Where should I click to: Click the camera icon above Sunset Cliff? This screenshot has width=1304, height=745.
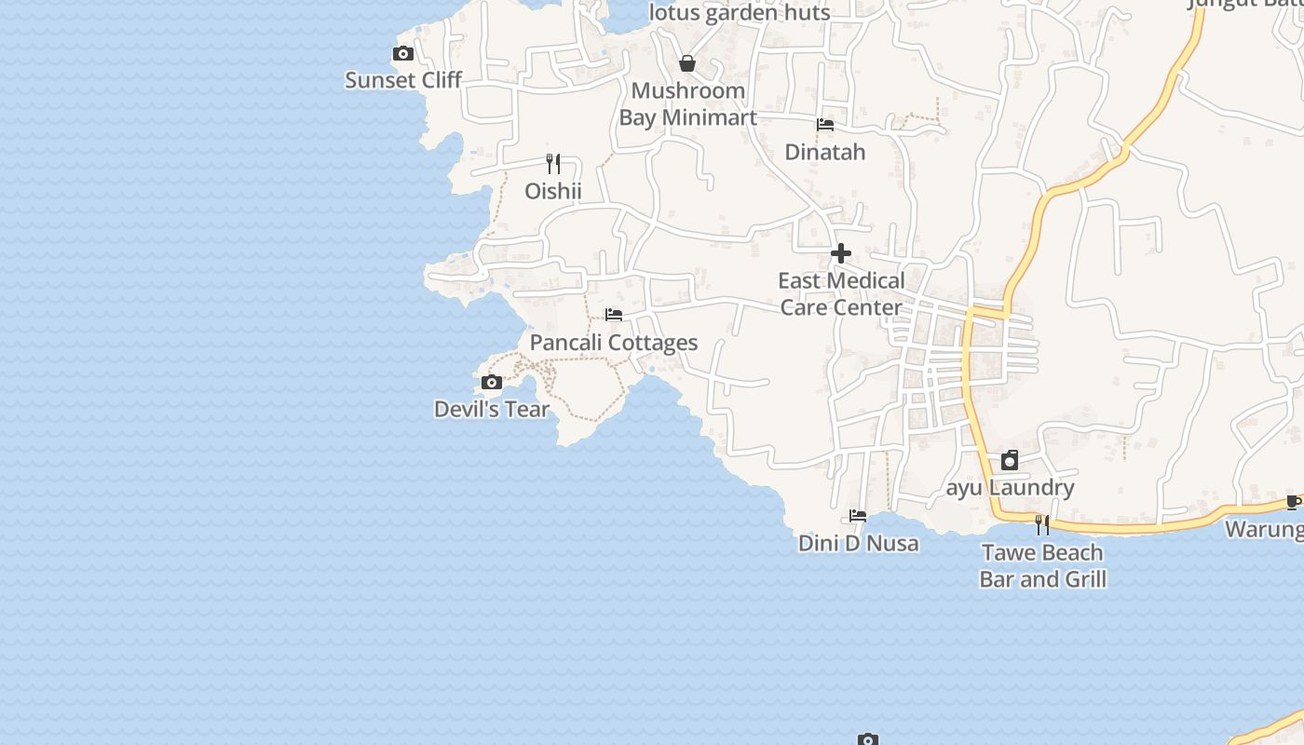point(403,54)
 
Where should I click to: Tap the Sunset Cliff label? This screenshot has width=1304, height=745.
point(403,80)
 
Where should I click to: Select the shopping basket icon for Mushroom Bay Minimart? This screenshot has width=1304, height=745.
point(687,63)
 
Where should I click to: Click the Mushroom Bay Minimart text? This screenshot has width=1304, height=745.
point(687,104)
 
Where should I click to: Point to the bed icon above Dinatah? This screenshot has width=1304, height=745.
point(825,125)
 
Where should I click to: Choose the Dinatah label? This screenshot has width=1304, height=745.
point(825,152)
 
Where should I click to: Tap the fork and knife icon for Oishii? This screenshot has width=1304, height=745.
point(553,164)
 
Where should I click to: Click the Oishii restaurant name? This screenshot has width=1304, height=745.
point(553,191)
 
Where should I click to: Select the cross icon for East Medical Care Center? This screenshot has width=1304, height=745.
point(841,253)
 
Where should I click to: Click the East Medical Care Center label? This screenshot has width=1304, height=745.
point(841,294)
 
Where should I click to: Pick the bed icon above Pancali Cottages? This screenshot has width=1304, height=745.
point(614,315)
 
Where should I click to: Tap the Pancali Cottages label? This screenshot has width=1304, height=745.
point(614,343)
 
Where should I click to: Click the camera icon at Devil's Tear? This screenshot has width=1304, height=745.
point(492,382)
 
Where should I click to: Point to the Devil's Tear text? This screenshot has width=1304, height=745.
point(492,409)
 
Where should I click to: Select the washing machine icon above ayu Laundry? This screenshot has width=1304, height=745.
point(1010,460)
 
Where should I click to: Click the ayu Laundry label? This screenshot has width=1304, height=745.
point(1011,487)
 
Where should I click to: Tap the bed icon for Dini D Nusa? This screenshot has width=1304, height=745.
point(858,516)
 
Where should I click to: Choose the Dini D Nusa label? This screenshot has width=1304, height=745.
point(858,543)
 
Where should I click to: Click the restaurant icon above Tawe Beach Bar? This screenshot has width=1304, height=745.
point(1042,525)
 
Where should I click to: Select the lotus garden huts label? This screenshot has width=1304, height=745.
point(740,13)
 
